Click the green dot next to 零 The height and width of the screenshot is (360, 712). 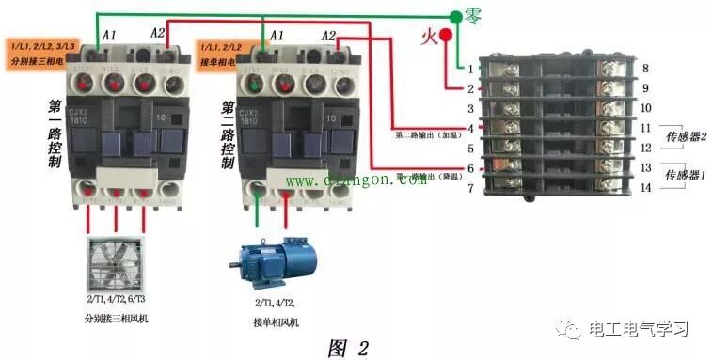point(455,17)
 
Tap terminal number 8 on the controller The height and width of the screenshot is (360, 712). point(645,69)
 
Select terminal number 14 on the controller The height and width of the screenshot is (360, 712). point(645,187)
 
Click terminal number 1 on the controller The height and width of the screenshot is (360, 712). point(470,69)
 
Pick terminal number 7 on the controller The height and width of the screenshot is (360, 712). point(470,187)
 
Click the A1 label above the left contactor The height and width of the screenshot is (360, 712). point(108,35)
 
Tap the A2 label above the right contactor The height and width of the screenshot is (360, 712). point(328,35)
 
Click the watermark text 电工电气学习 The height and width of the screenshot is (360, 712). point(639,329)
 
